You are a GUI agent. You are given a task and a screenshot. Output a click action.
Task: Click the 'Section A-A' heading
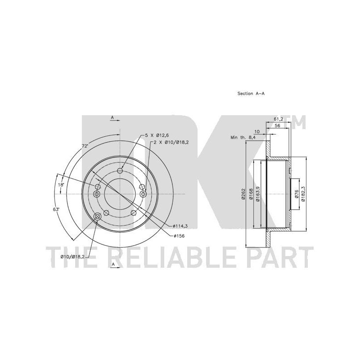251,94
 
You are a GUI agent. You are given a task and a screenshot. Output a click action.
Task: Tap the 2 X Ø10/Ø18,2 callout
171,142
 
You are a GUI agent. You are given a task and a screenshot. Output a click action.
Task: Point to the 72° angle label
85,146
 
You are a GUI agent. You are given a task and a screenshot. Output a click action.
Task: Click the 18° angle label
61,184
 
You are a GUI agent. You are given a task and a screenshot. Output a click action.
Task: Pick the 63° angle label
56,209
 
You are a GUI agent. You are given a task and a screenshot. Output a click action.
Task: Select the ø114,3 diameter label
180,226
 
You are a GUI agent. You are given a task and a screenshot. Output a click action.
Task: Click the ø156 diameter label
179,236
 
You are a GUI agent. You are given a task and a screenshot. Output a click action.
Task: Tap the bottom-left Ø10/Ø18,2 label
73,257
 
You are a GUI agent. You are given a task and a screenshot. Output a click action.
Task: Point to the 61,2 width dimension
278,119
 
